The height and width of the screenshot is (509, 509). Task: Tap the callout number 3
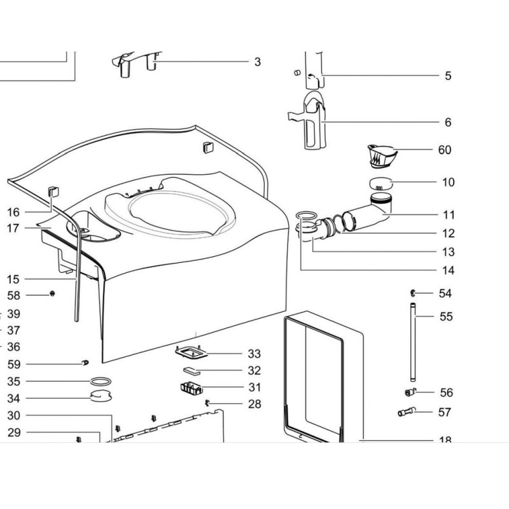click(x=257, y=62)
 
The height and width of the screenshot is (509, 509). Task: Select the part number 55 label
click(x=446, y=316)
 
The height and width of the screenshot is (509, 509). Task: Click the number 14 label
click(x=448, y=270)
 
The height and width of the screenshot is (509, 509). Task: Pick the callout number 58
click(x=13, y=295)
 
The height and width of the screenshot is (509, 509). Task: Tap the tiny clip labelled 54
click(x=412, y=293)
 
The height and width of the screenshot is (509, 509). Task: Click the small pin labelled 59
click(x=84, y=363)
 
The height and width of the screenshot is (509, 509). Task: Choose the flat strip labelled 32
click(x=193, y=370)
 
